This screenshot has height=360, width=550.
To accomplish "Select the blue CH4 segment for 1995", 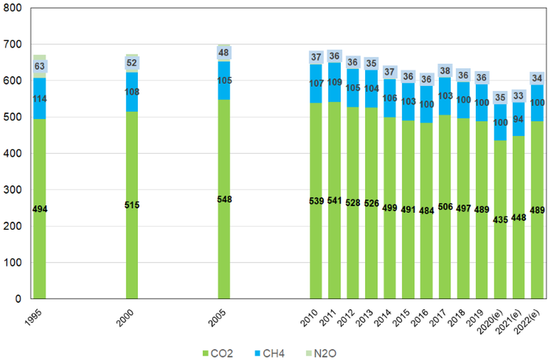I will click(39, 89).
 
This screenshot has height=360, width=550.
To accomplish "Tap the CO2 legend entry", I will click(215, 352).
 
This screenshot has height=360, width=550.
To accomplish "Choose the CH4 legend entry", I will click(270, 352).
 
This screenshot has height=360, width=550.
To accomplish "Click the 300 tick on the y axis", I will click(13, 190).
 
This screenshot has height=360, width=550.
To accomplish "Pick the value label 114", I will click(39, 100).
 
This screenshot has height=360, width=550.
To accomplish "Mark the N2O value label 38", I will click(445, 70).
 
